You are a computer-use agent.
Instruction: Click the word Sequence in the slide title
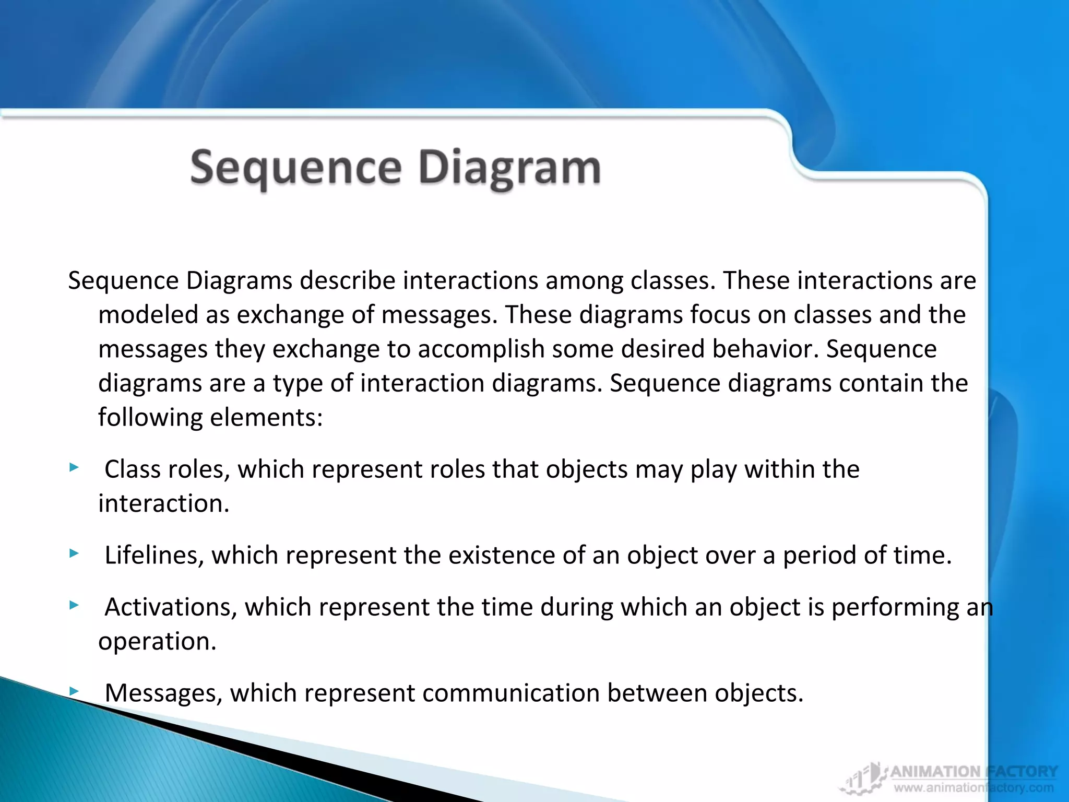295,168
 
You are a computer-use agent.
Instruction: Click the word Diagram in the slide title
509,168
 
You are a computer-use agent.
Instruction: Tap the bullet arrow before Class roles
74,467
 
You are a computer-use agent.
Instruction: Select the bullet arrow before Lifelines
74,553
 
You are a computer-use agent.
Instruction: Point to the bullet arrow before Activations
74,606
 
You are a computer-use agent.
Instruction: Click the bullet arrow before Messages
74,691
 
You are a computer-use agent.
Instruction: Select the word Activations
171,607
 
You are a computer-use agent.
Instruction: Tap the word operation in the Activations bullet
157,642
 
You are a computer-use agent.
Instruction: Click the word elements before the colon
266,418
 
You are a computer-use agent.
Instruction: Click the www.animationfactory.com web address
973,788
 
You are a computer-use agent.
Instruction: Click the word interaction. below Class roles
163,504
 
